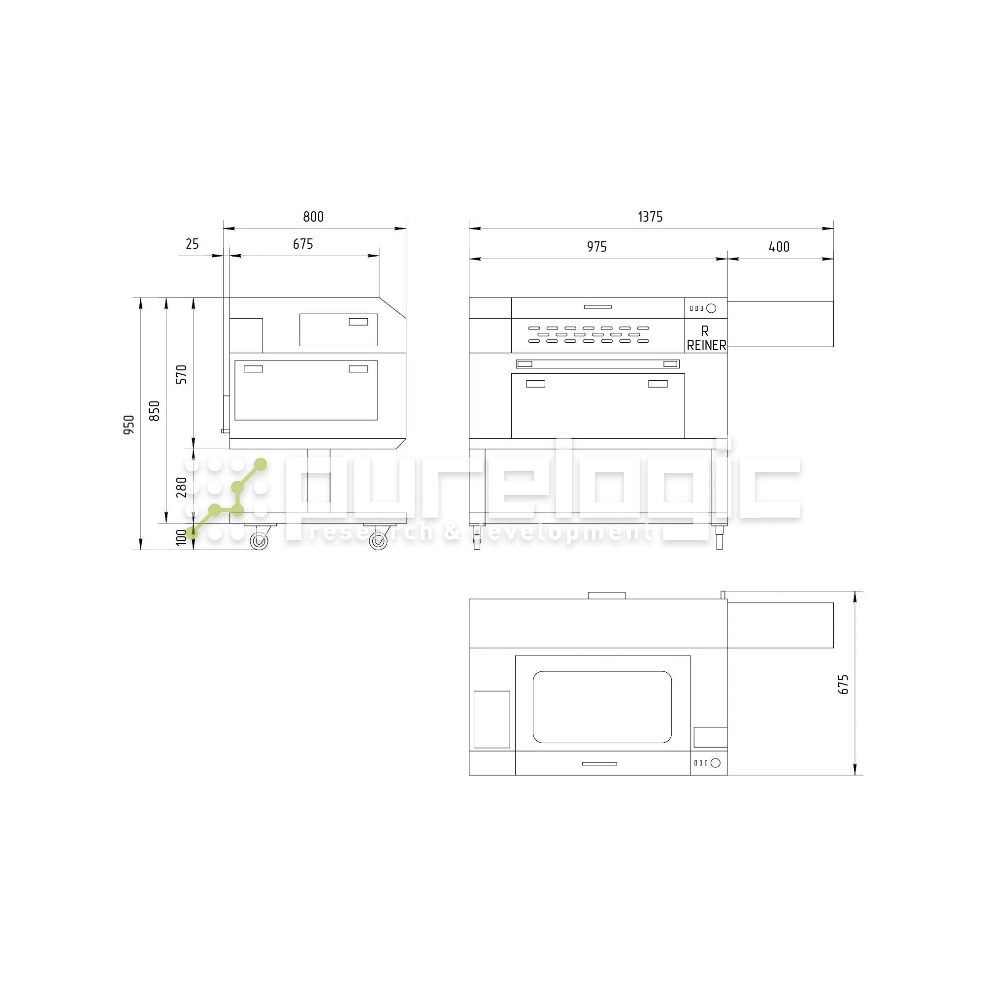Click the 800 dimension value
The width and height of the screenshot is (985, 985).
click(x=313, y=217)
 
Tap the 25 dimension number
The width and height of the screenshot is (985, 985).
click(x=192, y=244)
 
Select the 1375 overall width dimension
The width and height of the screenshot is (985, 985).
click(x=650, y=217)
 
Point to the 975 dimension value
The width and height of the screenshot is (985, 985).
click(x=596, y=247)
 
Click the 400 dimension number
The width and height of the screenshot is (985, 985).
click(x=779, y=247)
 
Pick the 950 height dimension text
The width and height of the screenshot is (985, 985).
click(x=129, y=425)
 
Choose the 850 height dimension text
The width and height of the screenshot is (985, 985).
click(x=155, y=411)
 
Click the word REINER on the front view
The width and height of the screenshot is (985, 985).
click(x=706, y=346)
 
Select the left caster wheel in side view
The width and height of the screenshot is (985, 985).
click(x=259, y=540)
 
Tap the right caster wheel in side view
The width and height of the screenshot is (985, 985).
click(x=378, y=540)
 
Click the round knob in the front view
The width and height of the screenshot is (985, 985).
click(x=711, y=308)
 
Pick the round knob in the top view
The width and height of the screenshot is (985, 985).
click(x=715, y=763)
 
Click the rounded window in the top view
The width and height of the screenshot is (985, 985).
click(x=602, y=707)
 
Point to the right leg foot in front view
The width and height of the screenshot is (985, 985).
click(x=719, y=540)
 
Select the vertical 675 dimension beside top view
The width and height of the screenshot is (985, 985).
click(x=843, y=684)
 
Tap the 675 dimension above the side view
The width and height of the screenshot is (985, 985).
click(x=303, y=244)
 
